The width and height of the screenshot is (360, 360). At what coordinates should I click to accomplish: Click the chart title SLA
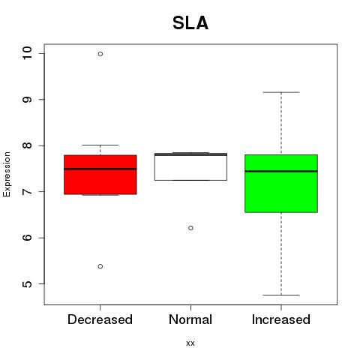[190, 23]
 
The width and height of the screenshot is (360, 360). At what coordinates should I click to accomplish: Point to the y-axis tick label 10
[27, 53]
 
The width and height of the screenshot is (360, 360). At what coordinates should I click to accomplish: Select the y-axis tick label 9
[27, 100]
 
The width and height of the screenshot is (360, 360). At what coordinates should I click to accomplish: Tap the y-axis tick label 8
[27, 145]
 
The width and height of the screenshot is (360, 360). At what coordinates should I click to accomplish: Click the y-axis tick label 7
[27, 192]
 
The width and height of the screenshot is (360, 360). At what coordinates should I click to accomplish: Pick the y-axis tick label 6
[27, 238]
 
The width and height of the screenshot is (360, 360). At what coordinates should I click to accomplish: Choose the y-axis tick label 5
[27, 284]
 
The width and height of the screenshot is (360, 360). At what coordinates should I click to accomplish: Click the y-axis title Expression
[7, 174]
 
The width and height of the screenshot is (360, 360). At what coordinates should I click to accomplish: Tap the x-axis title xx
[190, 343]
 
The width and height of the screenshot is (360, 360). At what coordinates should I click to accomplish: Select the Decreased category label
[100, 319]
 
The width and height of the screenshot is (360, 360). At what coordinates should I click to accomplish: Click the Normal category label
[190, 319]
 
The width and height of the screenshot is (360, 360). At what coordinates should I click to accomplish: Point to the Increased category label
[281, 319]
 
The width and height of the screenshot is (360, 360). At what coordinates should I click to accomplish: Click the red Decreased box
[100, 175]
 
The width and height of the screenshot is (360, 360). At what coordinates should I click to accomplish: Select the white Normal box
[190, 166]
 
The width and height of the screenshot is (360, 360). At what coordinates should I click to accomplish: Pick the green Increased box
[281, 184]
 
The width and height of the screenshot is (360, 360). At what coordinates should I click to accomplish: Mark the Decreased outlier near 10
[100, 54]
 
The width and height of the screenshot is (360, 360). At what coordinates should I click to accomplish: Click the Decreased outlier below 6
[100, 266]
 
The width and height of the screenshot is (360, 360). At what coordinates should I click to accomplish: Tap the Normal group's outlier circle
[190, 228]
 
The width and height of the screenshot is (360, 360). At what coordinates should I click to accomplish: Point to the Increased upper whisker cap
[281, 92]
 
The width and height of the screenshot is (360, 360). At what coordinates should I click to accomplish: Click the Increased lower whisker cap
[281, 295]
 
